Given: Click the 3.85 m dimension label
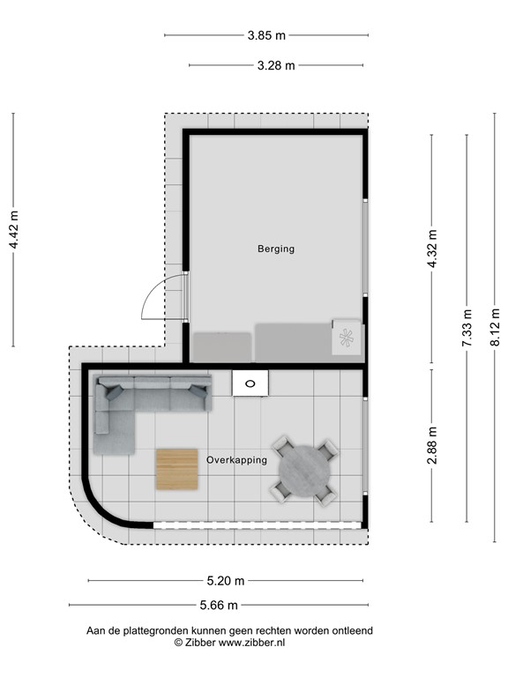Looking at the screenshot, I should point(266,36).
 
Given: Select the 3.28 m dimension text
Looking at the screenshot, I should point(276,65).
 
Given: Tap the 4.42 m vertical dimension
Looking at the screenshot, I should point(13,231).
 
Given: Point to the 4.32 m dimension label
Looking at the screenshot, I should point(432,248).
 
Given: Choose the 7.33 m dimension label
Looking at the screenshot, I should point(467,327).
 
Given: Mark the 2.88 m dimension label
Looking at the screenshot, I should point(432,445).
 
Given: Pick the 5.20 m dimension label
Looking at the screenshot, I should point(227,581).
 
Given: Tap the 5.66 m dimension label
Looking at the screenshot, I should point(219,606).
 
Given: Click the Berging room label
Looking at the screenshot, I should point(276,249).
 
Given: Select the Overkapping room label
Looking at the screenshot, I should point(236,460).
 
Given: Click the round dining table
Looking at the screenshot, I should point(303,471).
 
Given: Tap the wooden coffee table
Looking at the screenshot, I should point(177,469).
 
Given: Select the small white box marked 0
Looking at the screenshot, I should point(250,383).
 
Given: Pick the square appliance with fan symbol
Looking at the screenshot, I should point(346,336).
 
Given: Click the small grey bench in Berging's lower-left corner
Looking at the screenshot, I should point(222,346).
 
